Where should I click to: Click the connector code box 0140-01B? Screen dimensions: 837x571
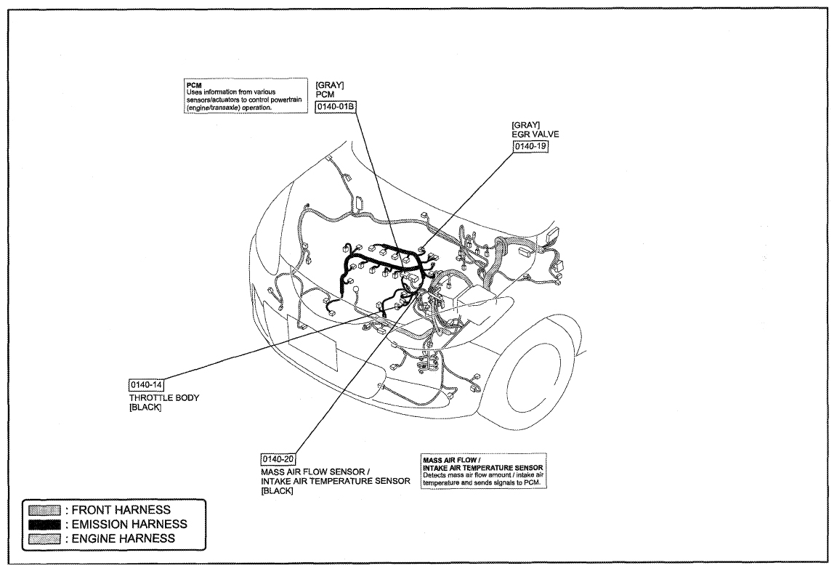(336, 107)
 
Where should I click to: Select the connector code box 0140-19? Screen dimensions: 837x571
(530, 146)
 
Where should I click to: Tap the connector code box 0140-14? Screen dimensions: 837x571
(146, 385)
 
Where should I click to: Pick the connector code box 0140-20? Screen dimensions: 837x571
(278, 459)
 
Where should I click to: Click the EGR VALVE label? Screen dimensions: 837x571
(535, 134)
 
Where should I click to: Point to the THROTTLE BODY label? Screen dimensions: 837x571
(164, 397)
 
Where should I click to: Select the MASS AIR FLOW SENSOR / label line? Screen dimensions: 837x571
(315, 471)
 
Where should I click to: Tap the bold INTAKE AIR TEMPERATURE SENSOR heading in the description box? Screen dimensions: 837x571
(482, 467)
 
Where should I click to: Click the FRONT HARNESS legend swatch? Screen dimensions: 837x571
(44, 510)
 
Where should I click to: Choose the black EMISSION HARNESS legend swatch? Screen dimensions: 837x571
(44, 525)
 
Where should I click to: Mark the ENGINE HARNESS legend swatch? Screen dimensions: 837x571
(44, 539)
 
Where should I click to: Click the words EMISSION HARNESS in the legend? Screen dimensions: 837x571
(129, 525)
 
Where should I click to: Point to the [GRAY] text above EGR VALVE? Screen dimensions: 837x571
(526, 126)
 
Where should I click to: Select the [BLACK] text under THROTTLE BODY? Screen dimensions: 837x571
(145, 408)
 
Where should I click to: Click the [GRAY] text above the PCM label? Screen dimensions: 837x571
(330, 85)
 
